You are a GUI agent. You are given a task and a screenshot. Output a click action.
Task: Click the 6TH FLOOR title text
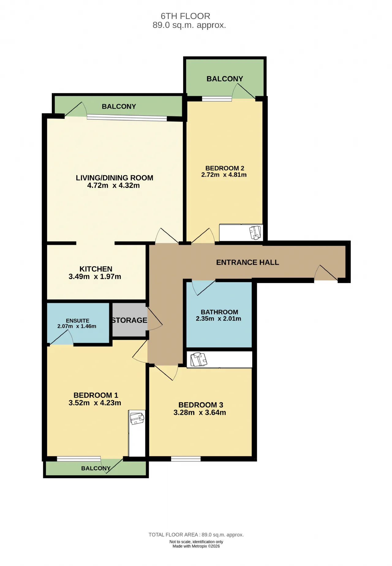(185, 16)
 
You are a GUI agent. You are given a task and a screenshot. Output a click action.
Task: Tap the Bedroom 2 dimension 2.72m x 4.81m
(224, 175)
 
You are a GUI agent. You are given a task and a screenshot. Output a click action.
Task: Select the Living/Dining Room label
(115, 178)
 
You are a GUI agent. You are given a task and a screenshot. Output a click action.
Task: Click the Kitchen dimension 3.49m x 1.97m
(95, 277)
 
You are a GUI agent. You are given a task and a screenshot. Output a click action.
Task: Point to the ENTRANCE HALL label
(247, 262)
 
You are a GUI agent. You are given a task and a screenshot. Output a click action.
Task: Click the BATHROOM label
(219, 312)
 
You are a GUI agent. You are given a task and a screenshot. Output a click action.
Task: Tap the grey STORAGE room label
(129, 320)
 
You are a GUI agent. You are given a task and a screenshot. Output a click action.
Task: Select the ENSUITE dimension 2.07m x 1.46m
(77, 326)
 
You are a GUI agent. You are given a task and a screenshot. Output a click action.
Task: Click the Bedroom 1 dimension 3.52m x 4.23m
(95, 403)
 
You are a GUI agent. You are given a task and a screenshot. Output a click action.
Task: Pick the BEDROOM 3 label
(201, 405)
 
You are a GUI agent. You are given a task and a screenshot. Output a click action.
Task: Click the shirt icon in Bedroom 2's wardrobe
(256, 232)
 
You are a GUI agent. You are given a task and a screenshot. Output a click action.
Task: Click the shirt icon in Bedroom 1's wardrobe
(137, 418)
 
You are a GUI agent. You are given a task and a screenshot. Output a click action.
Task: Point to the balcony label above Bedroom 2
(225, 79)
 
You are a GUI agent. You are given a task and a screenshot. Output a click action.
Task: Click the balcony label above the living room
(119, 106)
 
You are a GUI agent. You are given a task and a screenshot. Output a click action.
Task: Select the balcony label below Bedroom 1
(96, 468)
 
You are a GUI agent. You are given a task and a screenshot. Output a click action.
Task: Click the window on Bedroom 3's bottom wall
(186, 459)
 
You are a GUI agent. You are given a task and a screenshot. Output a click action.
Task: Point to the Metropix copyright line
(196, 546)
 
